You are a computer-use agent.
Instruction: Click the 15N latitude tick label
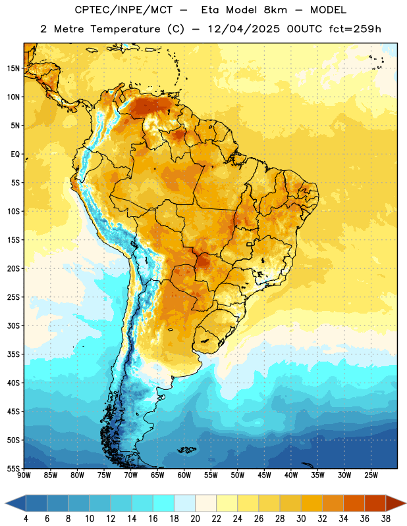click(13, 68)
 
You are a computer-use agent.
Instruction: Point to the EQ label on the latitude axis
click(15, 155)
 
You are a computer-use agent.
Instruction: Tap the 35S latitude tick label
click(13, 354)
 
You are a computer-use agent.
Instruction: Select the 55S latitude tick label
click(13, 468)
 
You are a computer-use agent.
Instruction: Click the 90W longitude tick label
click(24, 475)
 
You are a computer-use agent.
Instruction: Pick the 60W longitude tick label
click(184, 475)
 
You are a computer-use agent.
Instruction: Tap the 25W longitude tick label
click(371, 475)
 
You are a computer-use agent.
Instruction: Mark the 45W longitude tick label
click(264, 475)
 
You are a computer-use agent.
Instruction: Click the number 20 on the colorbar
click(195, 519)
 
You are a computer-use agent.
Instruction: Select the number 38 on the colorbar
click(386, 519)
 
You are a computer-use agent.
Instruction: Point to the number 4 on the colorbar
click(26, 519)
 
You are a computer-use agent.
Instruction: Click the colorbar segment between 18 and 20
click(184, 503)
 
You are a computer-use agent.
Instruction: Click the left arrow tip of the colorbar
click(5, 503)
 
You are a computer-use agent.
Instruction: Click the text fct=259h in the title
click(355, 29)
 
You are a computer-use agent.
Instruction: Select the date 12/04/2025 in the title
click(244, 29)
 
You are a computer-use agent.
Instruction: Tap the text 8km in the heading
click(275, 10)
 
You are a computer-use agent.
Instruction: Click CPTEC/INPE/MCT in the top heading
click(124, 10)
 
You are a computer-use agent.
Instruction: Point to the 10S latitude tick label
click(13, 211)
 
